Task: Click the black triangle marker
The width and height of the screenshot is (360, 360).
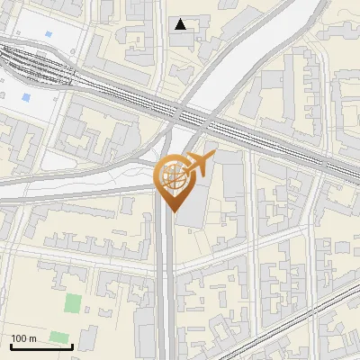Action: pyautogui.click(x=181, y=24)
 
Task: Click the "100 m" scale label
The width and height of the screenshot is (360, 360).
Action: pyautogui.click(x=24, y=338)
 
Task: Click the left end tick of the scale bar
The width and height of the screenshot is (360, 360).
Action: pyautogui.click(x=11, y=345)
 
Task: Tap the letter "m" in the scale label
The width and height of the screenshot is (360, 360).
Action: pyautogui.click(x=32, y=338)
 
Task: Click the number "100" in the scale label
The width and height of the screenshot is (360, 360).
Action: pyautogui.click(x=20, y=338)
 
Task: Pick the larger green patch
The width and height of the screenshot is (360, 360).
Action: pyautogui.click(x=73, y=303)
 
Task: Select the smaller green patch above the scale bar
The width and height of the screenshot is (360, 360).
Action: pyautogui.click(x=59, y=337)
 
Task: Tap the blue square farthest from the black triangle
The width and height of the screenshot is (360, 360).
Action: pyautogui.click(x=25, y=96)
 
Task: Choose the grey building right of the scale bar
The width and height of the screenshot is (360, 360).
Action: pyautogui.click(x=87, y=339)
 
